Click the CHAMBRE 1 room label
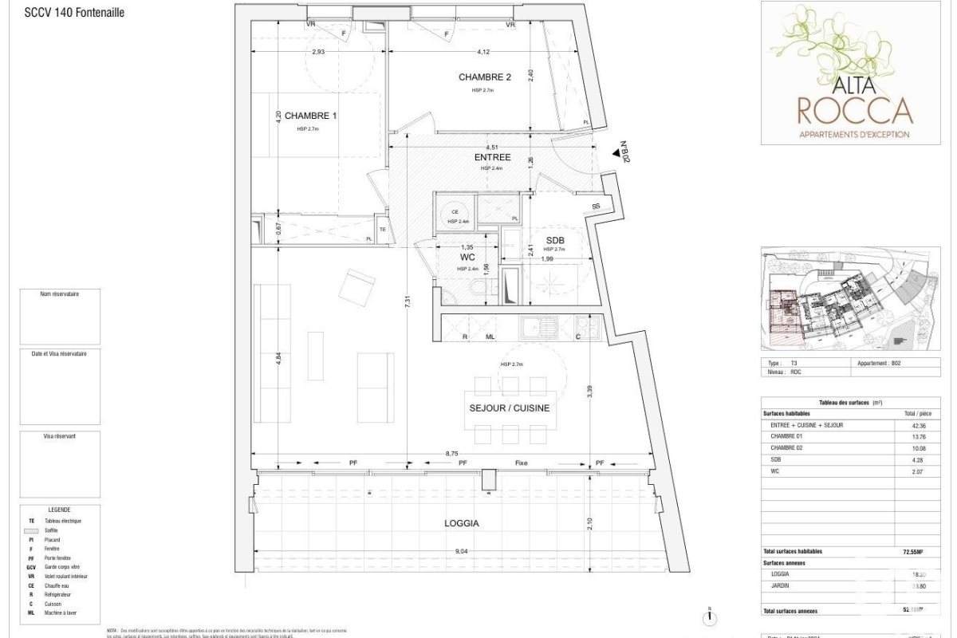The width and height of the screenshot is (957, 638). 311,116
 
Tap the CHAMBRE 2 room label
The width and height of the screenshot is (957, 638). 484,77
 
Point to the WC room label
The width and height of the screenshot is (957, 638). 467,258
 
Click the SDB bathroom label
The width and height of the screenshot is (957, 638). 556,240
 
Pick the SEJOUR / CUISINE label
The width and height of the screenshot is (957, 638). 509,408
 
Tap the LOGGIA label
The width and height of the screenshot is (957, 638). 462,523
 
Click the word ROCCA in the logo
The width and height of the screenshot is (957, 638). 855,109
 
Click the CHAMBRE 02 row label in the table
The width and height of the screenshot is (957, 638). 786,448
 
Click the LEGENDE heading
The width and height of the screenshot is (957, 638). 59,510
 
